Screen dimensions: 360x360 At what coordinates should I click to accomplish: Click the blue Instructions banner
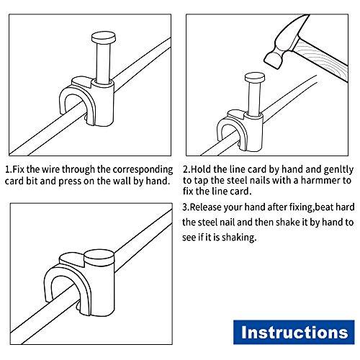tap(294, 333)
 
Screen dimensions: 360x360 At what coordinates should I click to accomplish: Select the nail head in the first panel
tap(104, 38)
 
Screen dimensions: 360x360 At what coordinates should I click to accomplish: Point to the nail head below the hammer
tap(255, 78)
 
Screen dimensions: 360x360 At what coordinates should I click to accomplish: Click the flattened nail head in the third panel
tap(99, 257)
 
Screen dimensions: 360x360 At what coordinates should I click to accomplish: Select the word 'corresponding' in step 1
tap(143, 170)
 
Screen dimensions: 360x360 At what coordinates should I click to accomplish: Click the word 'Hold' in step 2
tap(201, 169)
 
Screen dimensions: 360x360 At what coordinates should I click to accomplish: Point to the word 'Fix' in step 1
tap(18, 169)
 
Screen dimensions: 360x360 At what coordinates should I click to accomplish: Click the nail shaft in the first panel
tap(104, 63)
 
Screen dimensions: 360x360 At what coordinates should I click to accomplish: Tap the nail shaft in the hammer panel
tap(254, 99)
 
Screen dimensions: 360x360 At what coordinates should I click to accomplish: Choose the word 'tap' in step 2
tap(202, 181)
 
